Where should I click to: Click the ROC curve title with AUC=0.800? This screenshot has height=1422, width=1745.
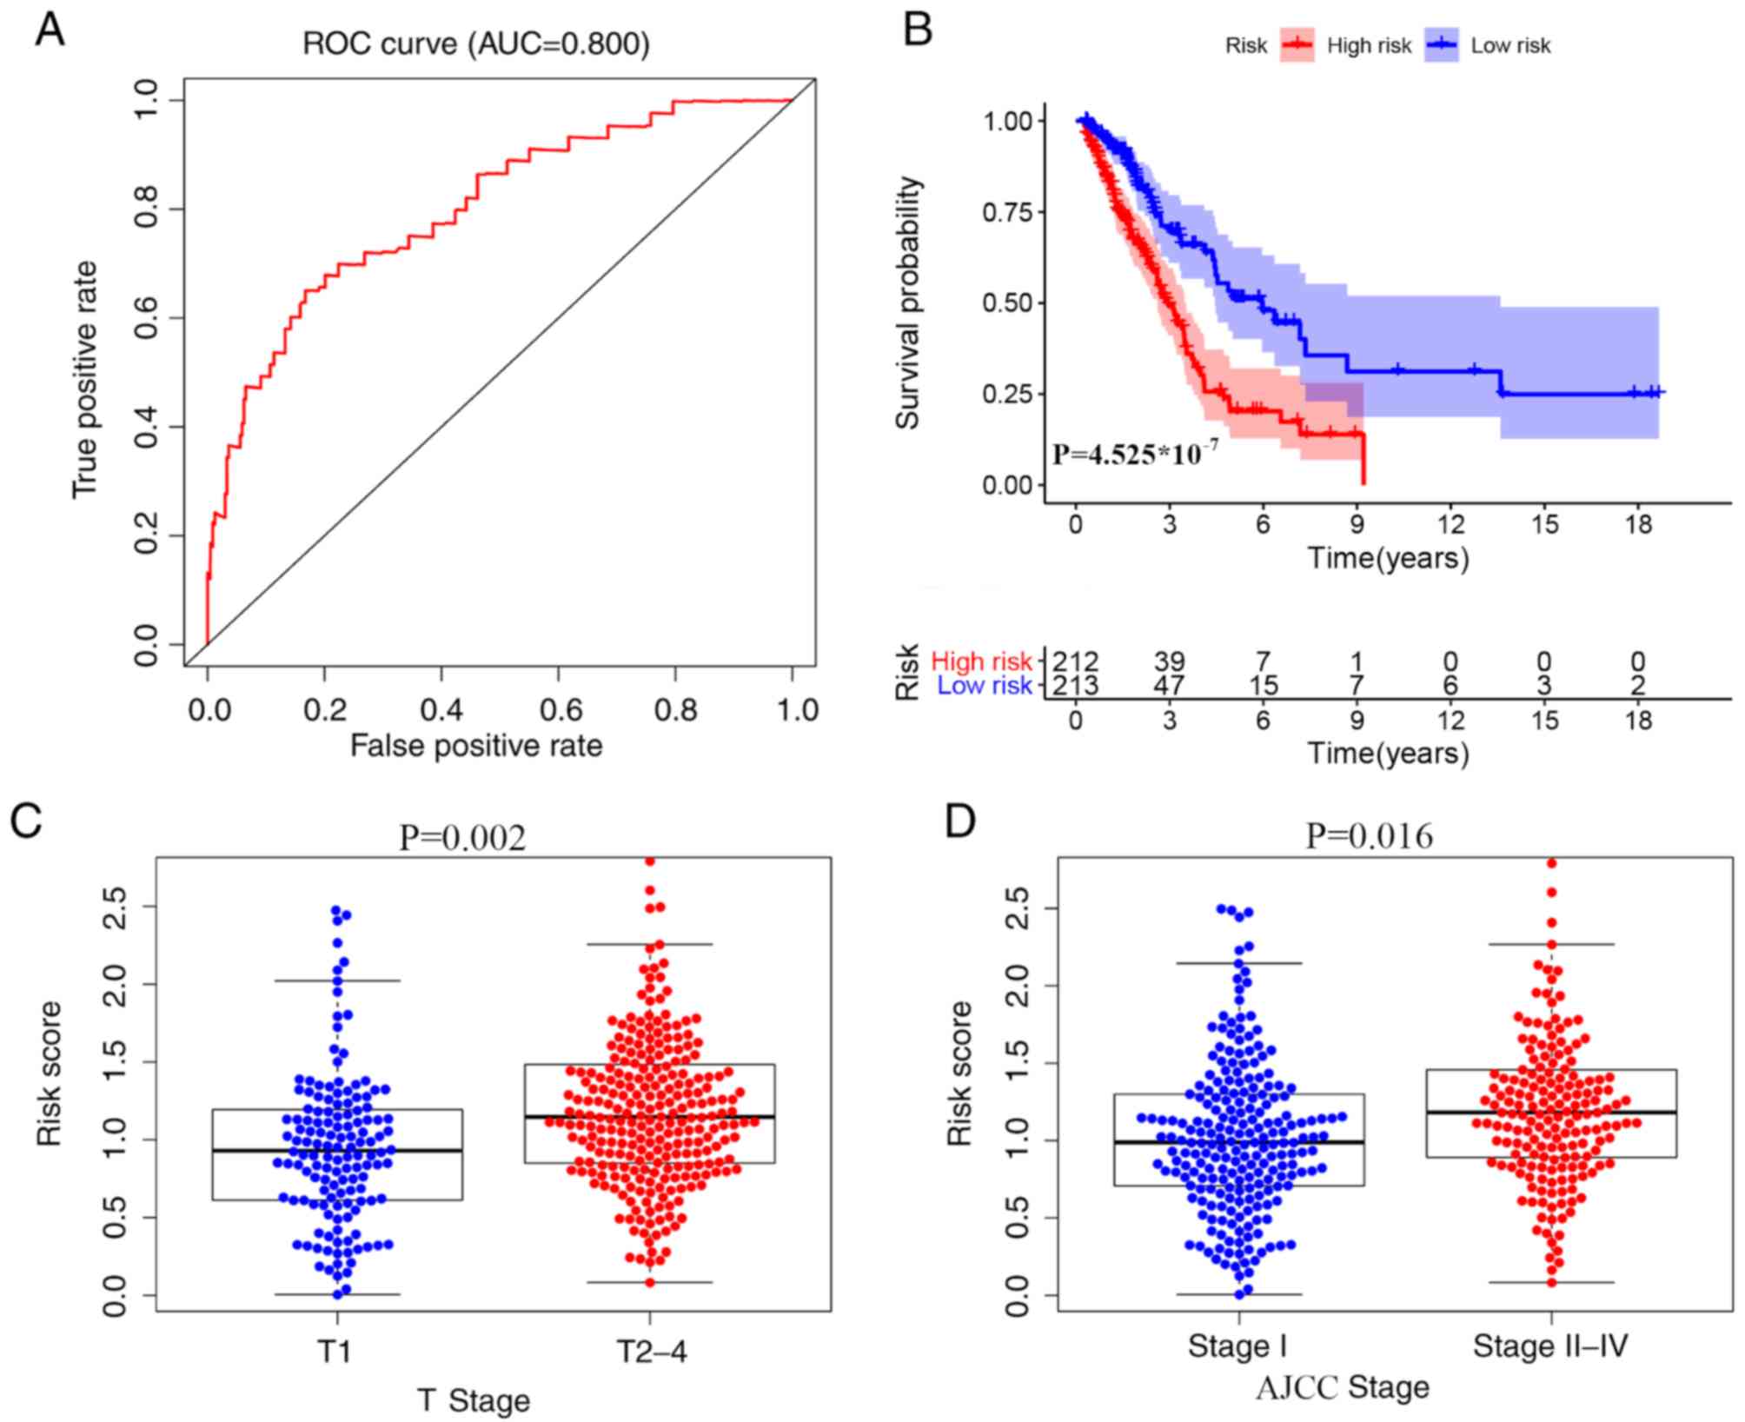475,43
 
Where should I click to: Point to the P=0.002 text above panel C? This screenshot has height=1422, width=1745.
462,838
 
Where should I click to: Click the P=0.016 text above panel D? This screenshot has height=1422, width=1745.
1370,836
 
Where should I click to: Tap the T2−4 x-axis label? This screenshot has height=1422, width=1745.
651,1352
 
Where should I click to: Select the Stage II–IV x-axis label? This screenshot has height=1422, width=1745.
1550,1346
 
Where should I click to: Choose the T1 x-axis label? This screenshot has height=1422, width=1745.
335,1352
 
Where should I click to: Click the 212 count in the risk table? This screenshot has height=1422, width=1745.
1075,662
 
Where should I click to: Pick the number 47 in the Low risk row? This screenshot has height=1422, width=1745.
1169,686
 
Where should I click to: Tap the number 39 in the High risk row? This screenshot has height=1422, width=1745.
1169,662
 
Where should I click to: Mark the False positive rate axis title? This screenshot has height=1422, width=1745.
475,746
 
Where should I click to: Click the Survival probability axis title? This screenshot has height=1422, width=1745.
908,302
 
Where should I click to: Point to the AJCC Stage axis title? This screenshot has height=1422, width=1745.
1342,1388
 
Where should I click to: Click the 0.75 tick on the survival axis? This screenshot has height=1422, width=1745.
1008,213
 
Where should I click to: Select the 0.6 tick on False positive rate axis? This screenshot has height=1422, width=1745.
560,710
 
